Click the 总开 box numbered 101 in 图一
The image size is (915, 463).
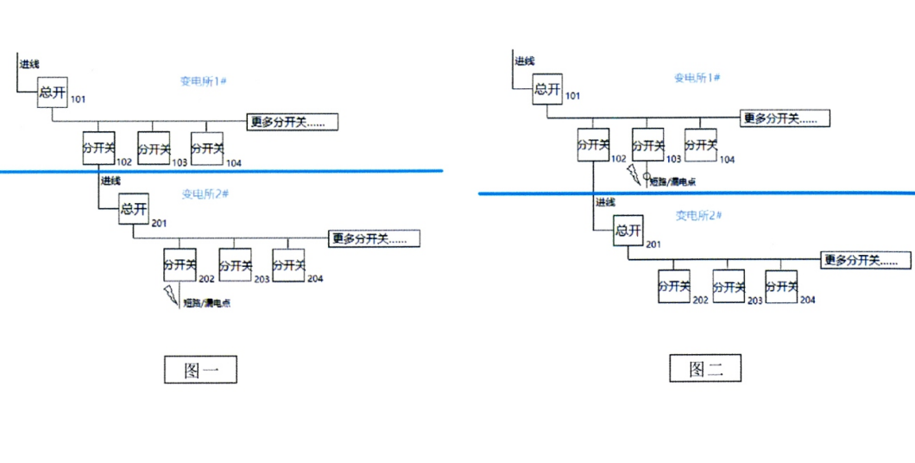coord(53,93)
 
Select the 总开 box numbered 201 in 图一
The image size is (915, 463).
coord(134,210)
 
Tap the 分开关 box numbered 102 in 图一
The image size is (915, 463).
coord(98,148)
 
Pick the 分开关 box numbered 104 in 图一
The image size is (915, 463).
coord(207,148)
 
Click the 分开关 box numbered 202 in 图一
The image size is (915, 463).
coord(180,265)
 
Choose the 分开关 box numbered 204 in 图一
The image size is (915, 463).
coord(289,265)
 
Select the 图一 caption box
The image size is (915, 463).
coord(200,370)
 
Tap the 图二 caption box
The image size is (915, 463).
coord(706,369)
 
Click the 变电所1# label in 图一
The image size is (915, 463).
coord(203,81)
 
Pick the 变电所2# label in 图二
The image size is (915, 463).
coord(697,215)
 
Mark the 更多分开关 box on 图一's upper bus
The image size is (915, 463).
coord(292,122)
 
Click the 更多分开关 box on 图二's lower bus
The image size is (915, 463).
coord(866,259)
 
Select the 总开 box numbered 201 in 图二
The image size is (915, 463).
coord(628,231)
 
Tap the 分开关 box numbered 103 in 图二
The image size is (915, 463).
coord(647,145)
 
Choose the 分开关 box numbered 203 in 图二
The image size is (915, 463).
coord(729,286)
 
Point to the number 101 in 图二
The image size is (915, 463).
coord(572,96)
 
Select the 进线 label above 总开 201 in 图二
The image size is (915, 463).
coord(605,202)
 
